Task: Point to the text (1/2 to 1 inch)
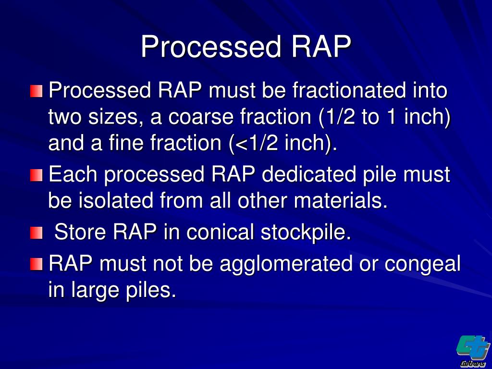(x=374, y=117)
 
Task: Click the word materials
(x=341, y=201)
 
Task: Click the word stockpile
(x=306, y=233)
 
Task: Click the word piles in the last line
(x=150, y=291)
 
